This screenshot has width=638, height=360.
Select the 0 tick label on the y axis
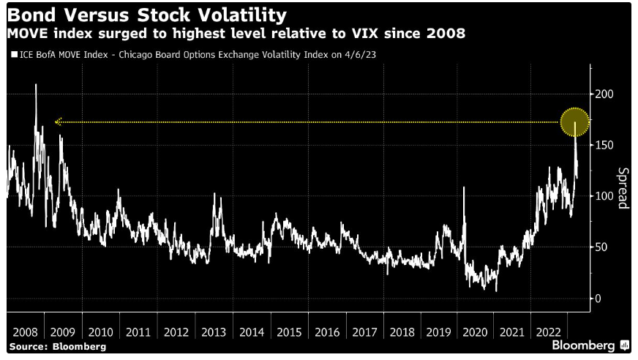tap(599, 299)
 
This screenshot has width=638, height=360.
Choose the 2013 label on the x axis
tap(214, 332)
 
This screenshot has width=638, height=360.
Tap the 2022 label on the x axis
tap(549, 332)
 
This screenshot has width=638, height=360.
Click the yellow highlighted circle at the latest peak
tap(575, 122)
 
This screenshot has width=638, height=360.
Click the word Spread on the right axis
tap(623, 188)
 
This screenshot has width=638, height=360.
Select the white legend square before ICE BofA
tap(14, 53)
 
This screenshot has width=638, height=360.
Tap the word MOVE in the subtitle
tap(26, 33)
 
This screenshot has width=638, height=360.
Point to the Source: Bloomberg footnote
tap(56, 346)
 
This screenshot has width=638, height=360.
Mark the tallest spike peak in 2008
tap(36, 85)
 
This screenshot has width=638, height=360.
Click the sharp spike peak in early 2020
tap(464, 188)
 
